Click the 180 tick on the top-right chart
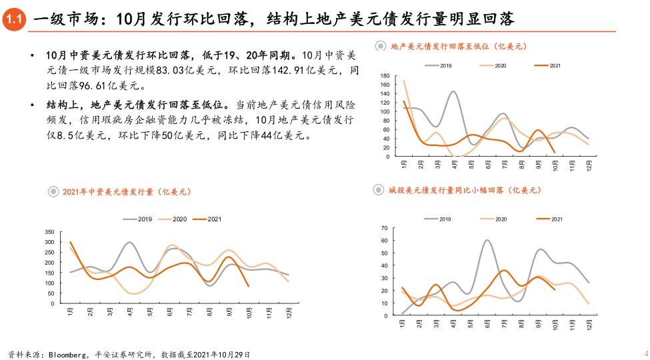[385, 76]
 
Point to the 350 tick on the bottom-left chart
[49, 232]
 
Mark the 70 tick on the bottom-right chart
[384, 228]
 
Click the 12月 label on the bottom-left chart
[289, 311]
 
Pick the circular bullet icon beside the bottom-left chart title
[53, 192]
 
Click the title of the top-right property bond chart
[458, 46]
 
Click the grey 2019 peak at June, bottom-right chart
[487, 240]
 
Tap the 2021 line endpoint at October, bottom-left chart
[249, 286]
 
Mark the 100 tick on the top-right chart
[385, 111]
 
